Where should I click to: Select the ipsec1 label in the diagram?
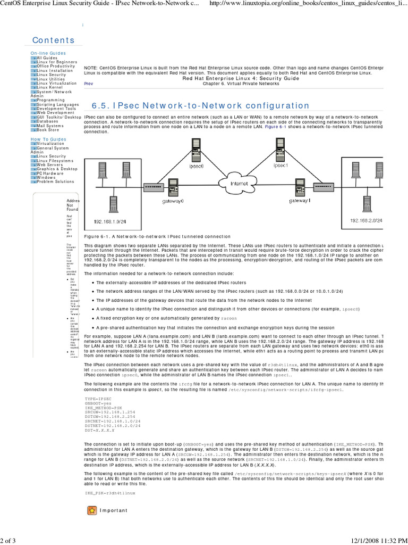[x=280, y=165]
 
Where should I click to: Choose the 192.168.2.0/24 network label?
[x=366, y=219]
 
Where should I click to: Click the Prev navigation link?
[x=88, y=84]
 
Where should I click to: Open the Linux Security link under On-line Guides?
[x=51, y=75]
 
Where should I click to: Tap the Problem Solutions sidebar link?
[x=55, y=182]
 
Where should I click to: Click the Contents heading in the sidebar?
[x=54, y=40]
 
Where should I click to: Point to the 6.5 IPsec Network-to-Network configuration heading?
[x=200, y=106]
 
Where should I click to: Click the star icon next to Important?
[x=92, y=510]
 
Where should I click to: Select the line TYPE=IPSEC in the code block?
[x=98, y=398]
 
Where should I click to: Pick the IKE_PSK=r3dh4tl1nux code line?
[x=110, y=493]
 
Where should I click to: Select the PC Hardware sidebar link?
[x=50, y=174]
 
